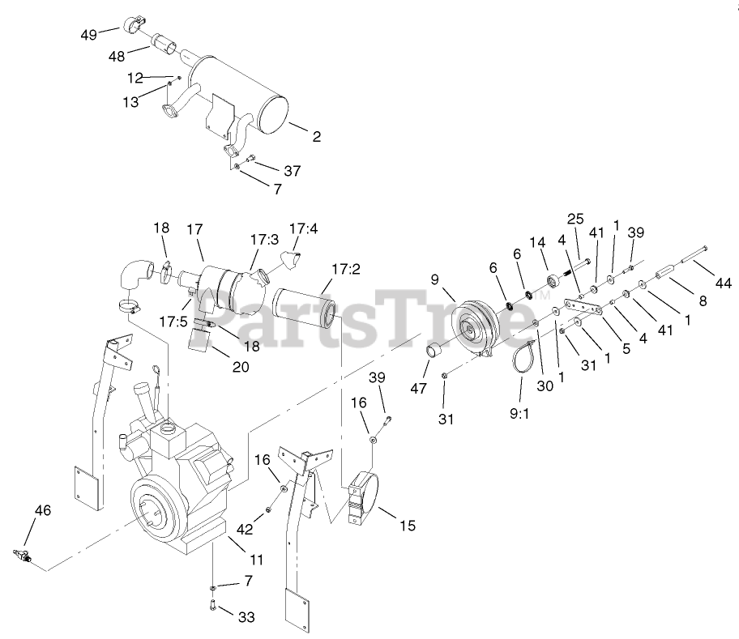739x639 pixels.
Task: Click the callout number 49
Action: (88, 34)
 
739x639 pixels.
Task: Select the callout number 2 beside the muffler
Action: (316, 137)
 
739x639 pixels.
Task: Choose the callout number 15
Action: (407, 526)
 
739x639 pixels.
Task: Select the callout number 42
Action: (245, 529)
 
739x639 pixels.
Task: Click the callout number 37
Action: (293, 170)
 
